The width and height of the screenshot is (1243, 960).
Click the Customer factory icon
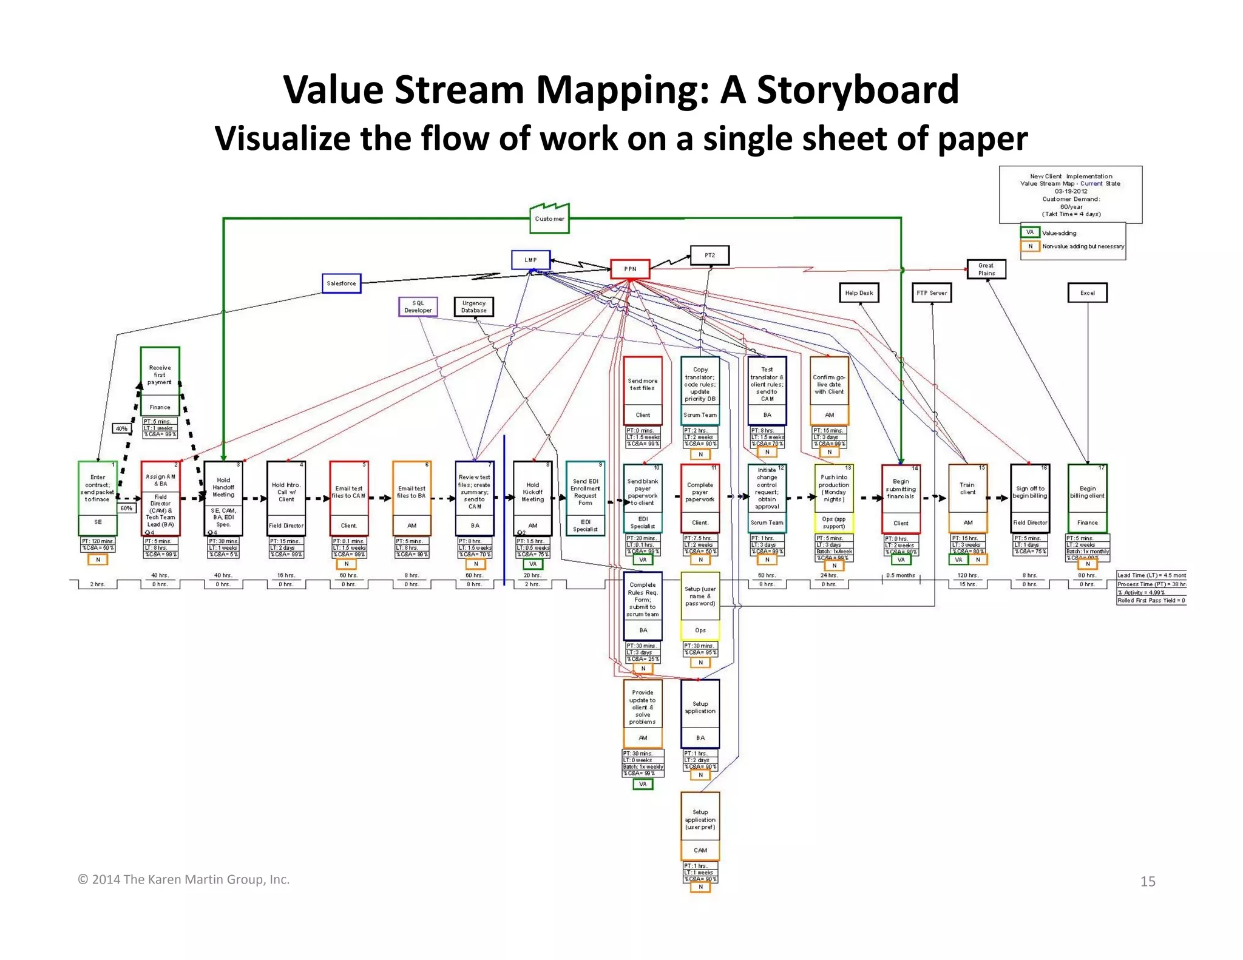click(549, 219)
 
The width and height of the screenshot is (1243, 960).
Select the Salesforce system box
click(341, 283)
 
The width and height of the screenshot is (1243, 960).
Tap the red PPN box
click(630, 269)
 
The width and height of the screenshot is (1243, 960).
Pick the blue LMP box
click(530, 260)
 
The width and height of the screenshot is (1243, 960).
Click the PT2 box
click(710, 255)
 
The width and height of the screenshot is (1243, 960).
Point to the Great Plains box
click(986, 269)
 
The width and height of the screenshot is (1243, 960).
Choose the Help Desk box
click(859, 292)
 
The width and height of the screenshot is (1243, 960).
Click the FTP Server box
click(932, 292)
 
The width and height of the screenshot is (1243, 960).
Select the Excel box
click(1087, 292)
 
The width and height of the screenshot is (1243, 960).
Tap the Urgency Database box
click(473, 306)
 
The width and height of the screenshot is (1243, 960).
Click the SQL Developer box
click(418, 306)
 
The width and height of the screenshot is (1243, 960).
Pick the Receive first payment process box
click(160, 380)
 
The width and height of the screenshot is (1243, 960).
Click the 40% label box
click(121, 428)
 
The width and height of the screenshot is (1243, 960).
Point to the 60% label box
click(126, 508)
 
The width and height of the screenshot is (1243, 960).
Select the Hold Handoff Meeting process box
click(223, 498)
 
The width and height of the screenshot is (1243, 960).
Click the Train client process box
click(967, 498)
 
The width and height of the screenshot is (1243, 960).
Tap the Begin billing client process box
click(1087, 498)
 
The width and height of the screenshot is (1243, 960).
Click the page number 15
click(1148, 881)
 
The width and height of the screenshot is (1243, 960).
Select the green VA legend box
click(1030, 232)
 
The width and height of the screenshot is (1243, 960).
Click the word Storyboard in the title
click(858, 90)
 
